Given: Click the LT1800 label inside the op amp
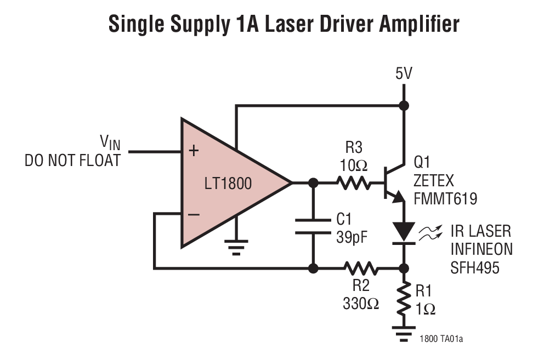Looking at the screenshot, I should click(x=228, y=183).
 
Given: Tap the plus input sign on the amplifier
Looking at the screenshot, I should click(x=193, y=151).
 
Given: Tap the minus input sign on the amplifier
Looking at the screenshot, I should click(x=193, y=214).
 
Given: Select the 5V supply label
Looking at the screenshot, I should click(x=404, y=74).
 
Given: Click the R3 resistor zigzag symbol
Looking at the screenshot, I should click(x=353, y=182).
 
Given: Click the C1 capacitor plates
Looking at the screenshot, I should click(x=313, y=226).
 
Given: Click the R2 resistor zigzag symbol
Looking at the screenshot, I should click(x=361, y=268).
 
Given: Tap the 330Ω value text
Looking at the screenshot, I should click(x=360, y=302).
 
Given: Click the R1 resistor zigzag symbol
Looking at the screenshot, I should click(x=404, y=299).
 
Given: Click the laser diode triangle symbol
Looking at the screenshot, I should click(x=404, y=231).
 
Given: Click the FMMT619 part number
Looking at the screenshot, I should click(x=446, y=198).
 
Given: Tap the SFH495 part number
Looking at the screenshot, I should click(x=475, y=268).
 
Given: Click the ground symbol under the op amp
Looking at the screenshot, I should click(x=236, y=247).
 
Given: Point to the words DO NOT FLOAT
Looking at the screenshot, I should click(x=72, y=161).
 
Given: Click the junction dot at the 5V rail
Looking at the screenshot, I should click(x=404, y=105).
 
